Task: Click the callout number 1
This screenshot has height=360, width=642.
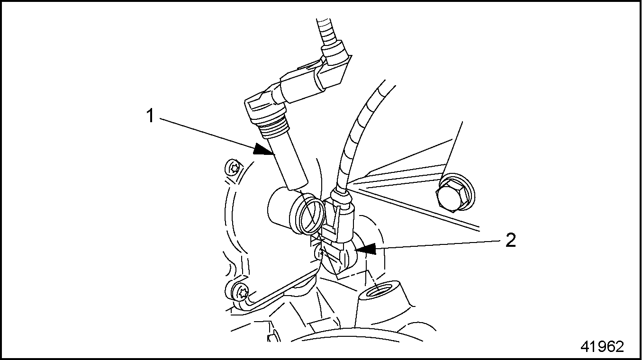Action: [150, 116]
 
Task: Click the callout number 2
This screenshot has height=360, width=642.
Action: [510, 240]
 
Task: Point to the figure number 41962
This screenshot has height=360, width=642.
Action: [602, 347]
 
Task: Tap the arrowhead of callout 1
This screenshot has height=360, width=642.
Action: [264, 150]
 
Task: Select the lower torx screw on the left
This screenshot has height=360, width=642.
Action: [237, 291]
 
